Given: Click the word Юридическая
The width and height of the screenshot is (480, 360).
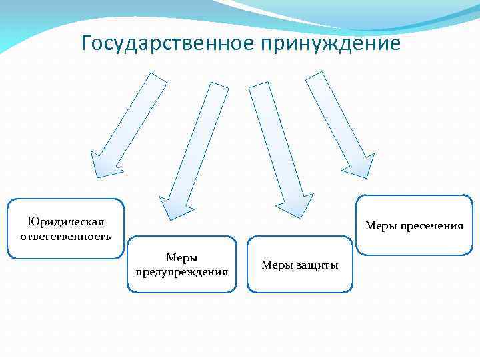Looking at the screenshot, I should tap(66, 221).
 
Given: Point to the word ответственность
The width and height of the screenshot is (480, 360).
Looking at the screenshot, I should tap(66, 236).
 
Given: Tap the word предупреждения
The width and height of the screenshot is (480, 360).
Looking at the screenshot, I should tap(181, 271).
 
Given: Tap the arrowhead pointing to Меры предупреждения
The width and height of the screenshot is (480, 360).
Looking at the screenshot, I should tap(177, 205).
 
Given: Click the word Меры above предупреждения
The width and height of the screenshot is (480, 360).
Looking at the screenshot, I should tap(181, 257).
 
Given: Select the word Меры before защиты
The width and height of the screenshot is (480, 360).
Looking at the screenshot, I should tap(275, 265).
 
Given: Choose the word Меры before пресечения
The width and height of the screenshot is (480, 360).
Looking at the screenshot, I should tap(381, 226).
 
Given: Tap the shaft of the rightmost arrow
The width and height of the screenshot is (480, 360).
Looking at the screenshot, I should tap(333, 113).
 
